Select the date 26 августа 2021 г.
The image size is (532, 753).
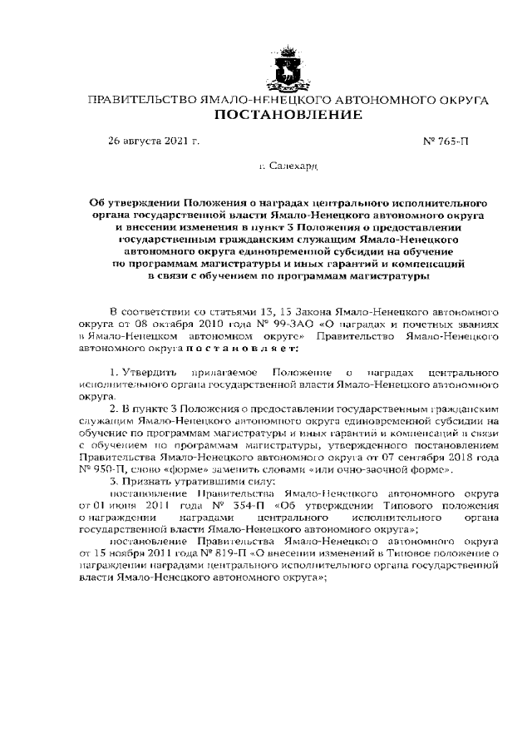(155, 141)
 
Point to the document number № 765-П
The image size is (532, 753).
(446, 141)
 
